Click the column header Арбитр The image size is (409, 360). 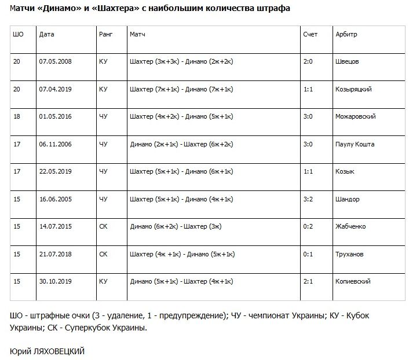pyautogui.click(x=346, y=34)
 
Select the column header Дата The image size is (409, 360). pyautogui.click(x=47, y=34)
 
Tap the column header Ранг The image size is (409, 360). pyautogui.click(x=105, y=34)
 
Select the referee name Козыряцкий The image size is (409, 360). pyautogui.click(x=353, y=89)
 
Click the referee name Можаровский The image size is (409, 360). pyautogui.click(x=356, y=116)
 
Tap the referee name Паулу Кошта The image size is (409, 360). pyautogui.click(x=355, y=144)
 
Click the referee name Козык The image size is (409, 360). pyautogui.click(x=345, y=171)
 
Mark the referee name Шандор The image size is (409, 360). pyautogui.click(x=348, y=199)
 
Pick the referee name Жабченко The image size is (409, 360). pyautogui.click(x=350, y=226)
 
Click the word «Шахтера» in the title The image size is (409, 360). pyautogui.click(x=114, y=9)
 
